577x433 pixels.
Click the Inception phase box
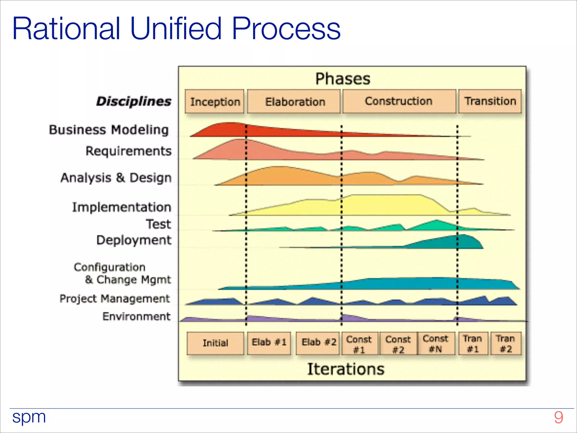[215, 101]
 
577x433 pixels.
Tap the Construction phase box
[399, 101]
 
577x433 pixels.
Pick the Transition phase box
[490, 101]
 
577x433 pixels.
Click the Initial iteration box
[215, 343]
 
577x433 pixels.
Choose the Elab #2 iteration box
[318, 343]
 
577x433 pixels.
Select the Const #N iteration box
[436, 343]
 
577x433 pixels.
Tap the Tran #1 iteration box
[473, 343]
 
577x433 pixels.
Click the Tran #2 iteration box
[506, 343]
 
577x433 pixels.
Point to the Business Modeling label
[109, 130]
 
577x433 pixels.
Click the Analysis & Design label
[116, 178]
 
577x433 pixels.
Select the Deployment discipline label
[134, 240]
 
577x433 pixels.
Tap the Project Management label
[115, 299]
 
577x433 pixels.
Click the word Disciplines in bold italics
[134, 101]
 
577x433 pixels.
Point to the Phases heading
[343, 79]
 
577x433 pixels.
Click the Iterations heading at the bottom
[346, 369]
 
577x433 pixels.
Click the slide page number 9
[558, 417]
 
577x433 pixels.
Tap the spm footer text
[29, 417]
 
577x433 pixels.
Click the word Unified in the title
[176, 28]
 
